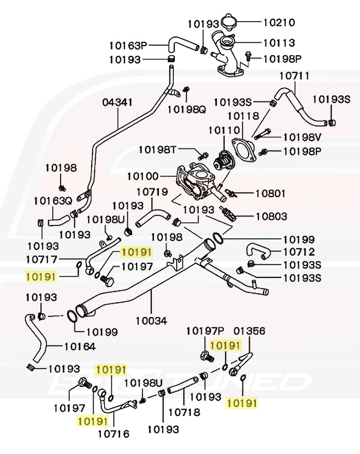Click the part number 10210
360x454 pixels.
[x=279, y=23]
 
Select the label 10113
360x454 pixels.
[x=279, y=43]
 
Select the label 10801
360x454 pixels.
[x=270, y=194]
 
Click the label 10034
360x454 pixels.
[x=151, y=319]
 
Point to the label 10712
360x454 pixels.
[x=299, y=251]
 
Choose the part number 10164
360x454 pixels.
[x=80, y=346]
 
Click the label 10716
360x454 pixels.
[x=113, y=434]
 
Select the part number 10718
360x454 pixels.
[x=184, y=412]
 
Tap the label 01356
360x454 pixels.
[x=249, y=331]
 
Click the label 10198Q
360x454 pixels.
[x=186, y=109]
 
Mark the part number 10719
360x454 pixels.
[x=152, y=192]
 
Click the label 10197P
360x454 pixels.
[x=205, y=331]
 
